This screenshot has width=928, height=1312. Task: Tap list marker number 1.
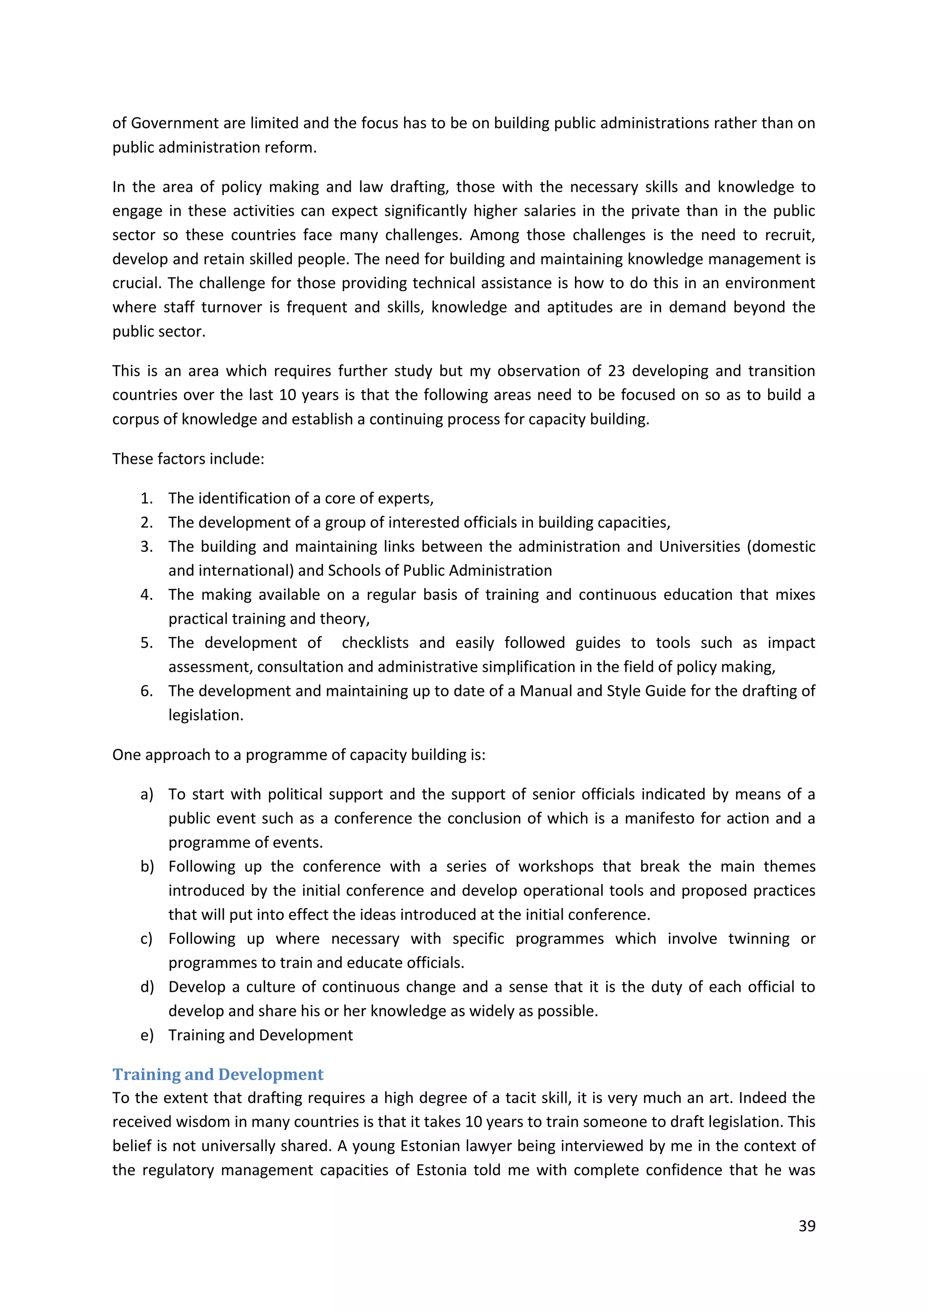click(x=146, y=498)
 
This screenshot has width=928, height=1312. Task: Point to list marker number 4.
click(x=146, y=595)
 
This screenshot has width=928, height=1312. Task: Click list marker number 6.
click(x=146, y=691)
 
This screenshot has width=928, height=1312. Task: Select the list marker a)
click(x=147, y=794)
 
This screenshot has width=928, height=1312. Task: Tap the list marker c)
click(x=146, y=939)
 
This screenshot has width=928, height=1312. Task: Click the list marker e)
click(x=147, y=1035)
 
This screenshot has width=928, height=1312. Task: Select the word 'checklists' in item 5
click(x=375, y=643)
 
